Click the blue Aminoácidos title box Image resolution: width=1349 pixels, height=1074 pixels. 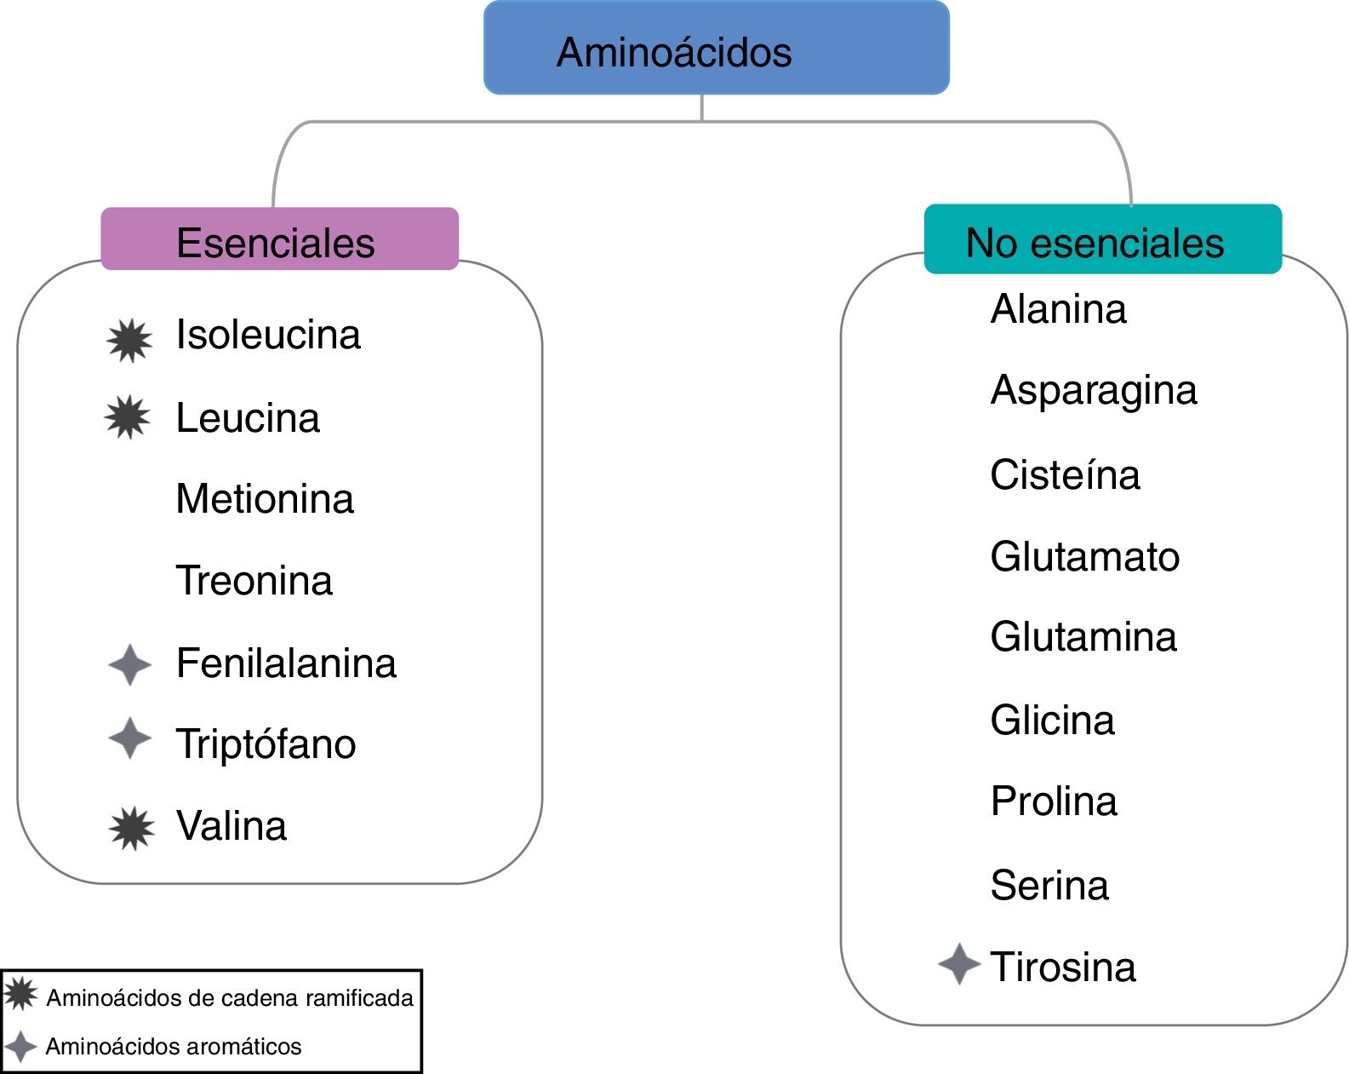pyautogui.click(x=716, y=49)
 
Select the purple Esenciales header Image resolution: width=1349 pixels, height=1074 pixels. pyautogui.click(x=279, y=239)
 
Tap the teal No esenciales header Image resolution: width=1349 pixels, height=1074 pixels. pyautogui.click(x=1102, y=240)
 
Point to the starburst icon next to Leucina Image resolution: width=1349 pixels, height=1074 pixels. pyautogui.click(x=128, y=417)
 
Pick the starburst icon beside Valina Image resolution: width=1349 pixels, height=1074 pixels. pyautogui.click(x=132, y=828)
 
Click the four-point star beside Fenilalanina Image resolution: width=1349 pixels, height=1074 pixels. pyautogui.click(x=130, y=664)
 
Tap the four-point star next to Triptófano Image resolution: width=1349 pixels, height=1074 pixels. pyautogui.click(x=130, y=738)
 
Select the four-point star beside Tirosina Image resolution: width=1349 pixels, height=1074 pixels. pyautogui.click(x=959, y=964)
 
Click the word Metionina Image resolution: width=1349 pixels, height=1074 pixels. pyautogui.click(x=265, y=499)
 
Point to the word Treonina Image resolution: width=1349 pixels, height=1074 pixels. pyautogui.click(x=254, y=581)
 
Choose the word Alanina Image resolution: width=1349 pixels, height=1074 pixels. pyautogui.click(x=1058, y=309)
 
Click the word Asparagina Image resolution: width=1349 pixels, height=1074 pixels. pyautogui.click(x=1094, y=391)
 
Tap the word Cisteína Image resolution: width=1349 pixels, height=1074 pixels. pyautogui.click(x=1065, y=474)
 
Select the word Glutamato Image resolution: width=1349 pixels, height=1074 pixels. pyautogui.click(x=1085, y=557)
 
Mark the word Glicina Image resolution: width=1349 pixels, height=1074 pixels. pyautogui.click(x=1052, y=721)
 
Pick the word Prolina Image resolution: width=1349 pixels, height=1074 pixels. pyautogui.click(x=1054, y=801)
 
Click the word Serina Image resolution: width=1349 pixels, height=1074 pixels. pyautogui.click(x=1049, y=886)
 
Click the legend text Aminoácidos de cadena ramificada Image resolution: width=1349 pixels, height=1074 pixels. pyautogui.click(x=229, y=997)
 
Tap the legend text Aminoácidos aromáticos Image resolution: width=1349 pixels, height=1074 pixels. pyautogui.click(x=174, y=1046)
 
